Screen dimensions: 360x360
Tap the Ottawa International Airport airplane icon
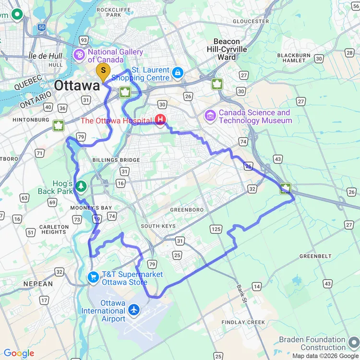pyautogui.click(x=134, y=310)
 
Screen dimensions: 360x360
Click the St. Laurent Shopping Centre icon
pyautogui.click(x=178, y=73)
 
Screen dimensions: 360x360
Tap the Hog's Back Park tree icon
pyautogui.click(x=81, y=186)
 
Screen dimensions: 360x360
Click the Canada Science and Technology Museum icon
pyautogui.click(x=210, y=116)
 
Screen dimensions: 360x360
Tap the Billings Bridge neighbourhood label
pyautogui.click(x=117, y=160)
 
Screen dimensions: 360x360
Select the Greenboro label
pyautogui.click(x=187, y=210)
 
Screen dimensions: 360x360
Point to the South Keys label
pyautogui.click(x=158, y=226)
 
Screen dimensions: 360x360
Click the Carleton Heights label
pyautogui.click(x=54, y=229)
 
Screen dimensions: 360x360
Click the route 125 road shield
pyautogui.click(x=216, y=229)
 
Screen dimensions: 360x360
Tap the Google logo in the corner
pyautogui.click(x=19, y=354)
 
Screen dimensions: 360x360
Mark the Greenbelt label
pyautogui.click(x=315, y=256)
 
